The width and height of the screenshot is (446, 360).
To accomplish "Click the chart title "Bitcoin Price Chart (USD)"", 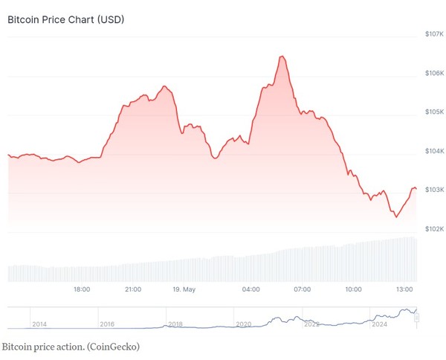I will click(65, 19).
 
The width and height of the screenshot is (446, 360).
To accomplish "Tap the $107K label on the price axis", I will click(434, 34).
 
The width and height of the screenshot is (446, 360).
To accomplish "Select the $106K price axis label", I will click(434, 73).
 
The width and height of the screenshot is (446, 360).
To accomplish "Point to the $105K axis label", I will click(434, 112).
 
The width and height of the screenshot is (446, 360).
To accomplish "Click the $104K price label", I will click(434, 151).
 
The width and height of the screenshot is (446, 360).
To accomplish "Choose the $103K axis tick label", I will click(434, 190).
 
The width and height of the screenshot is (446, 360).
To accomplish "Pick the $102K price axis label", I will click(434, 229).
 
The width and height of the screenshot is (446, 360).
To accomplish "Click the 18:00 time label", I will click(82, 289).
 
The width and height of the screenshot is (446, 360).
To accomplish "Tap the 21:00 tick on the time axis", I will click(133, 289).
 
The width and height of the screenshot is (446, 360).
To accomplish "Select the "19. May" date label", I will click(183, 289).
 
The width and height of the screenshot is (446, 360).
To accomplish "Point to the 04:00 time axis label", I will click(251, 289).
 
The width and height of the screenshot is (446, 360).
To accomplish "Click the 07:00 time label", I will click(302, 289).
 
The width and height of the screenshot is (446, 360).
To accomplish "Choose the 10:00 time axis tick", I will click(353, 289).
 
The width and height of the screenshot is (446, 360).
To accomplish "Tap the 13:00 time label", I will click(404, 289).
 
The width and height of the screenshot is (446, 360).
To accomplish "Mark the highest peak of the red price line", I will click(282, 57).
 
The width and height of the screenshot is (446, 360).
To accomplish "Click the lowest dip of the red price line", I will click(396, 216).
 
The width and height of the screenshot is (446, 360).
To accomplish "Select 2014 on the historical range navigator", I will click(39, 324).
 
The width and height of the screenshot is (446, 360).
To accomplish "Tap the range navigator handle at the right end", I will click(417, 318).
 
